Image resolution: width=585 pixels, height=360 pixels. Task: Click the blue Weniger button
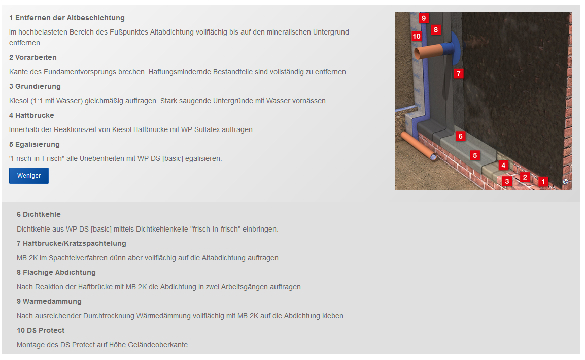click(29, 176)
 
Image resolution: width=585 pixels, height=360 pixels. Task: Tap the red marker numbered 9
click(424, 18)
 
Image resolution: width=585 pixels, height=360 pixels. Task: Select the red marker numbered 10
click(417, 36)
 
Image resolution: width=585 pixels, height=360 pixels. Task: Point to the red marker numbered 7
click(459, 73)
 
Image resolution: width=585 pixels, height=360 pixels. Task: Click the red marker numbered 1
click(543, 181)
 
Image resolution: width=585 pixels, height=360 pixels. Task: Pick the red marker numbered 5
click(475, 155)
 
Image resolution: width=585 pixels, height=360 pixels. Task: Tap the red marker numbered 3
click(507, 181)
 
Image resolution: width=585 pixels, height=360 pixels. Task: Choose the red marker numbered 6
click(460, 136)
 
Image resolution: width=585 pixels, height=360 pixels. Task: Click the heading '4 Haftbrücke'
click(32, 115)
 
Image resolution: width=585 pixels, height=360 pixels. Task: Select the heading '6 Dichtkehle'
click(39, 214)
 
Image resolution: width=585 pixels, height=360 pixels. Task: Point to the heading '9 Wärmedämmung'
click(49, 301)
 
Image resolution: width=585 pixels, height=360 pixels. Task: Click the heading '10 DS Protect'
click(41, 330)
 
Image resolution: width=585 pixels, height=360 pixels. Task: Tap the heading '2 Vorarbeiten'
click(33, 57)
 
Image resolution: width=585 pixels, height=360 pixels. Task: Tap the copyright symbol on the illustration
click(566, 182)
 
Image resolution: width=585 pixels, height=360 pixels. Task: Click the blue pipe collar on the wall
click(454, 47)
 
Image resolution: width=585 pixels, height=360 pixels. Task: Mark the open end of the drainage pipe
click(433, 157)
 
